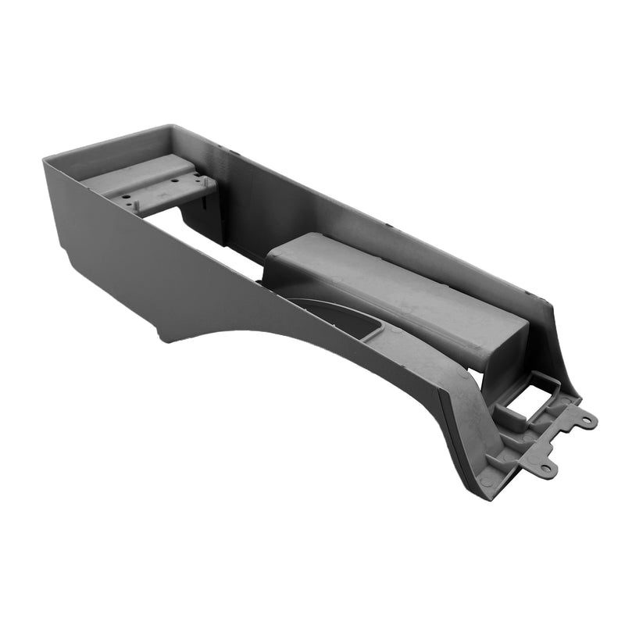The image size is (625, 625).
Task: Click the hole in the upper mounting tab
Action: (584, 421)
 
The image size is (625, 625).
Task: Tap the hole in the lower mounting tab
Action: (546, 469)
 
